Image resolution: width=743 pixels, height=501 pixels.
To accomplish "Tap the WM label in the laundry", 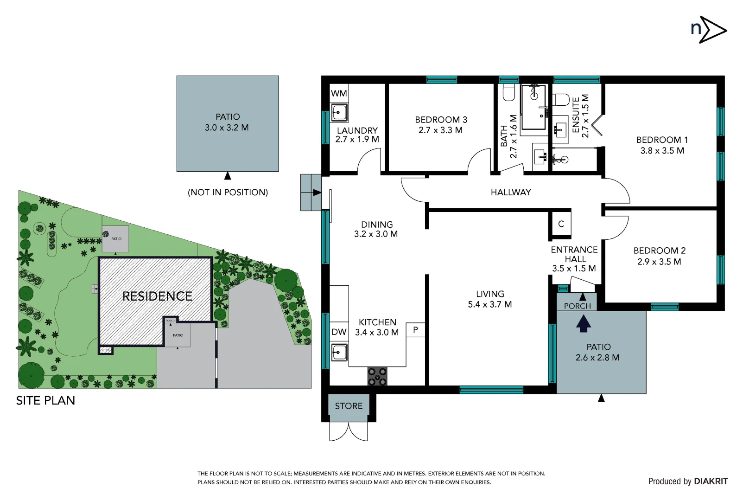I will pos(339,93).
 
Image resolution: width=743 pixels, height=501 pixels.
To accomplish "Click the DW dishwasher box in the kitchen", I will pos(339,332).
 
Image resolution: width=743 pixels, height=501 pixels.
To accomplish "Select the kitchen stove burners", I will pos(377,376).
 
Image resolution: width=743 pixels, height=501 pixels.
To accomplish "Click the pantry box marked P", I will pos(415,330).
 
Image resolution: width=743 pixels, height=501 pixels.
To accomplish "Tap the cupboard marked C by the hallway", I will pos(561,224).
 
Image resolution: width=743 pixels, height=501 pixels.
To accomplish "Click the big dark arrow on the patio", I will pos(583,323).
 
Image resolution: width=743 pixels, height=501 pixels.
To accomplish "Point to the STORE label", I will pos(349,406).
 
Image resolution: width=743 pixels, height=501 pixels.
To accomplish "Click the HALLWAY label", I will pos(510,192).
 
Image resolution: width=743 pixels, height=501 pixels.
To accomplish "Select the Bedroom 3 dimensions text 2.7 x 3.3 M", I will pos(440,130).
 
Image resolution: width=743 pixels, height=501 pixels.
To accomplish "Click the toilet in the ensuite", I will pos(561,99).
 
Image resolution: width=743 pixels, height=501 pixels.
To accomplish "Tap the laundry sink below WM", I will pos(339,112).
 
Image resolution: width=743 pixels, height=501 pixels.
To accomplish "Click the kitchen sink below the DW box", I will pos(339,352).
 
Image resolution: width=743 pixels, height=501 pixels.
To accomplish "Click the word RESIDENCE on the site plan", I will pos(157,296).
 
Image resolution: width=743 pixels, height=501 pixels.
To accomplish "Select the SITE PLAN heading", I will pos(45,400).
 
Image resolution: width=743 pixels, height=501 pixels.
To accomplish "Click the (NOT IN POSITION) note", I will pos(228,192).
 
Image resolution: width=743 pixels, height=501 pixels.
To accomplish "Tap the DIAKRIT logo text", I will pos(711,482).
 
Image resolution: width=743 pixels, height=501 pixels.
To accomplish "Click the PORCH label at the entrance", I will pos(577,306).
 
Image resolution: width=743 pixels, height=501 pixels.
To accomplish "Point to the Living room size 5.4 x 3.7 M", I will pos(489,305).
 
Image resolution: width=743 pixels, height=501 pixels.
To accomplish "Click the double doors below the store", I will pos(349,431).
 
